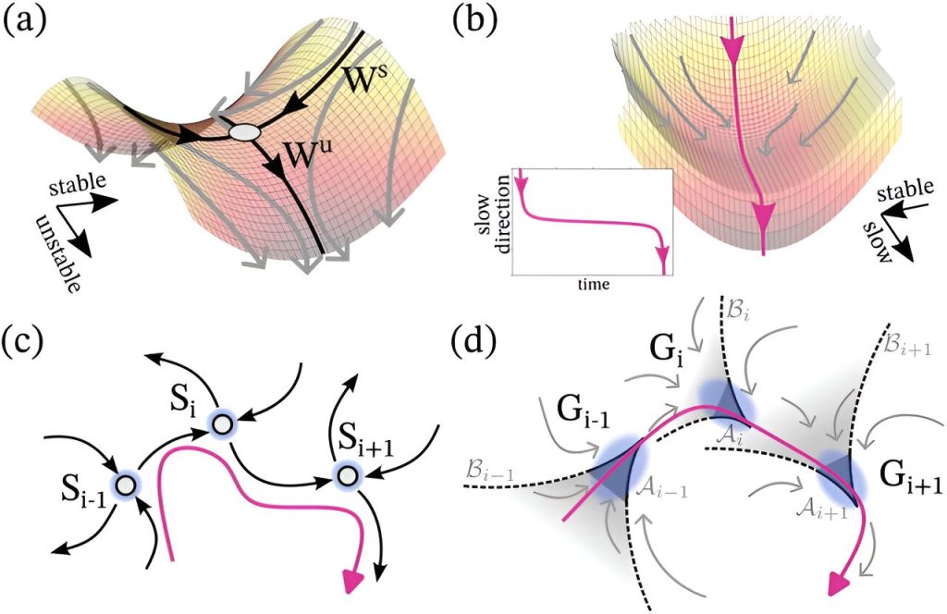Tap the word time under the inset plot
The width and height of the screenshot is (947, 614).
click(x=593, y=284)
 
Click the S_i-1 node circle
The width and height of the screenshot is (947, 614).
click(x=125, y=484)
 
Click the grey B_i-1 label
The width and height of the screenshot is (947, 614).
click(x=490, y=473)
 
